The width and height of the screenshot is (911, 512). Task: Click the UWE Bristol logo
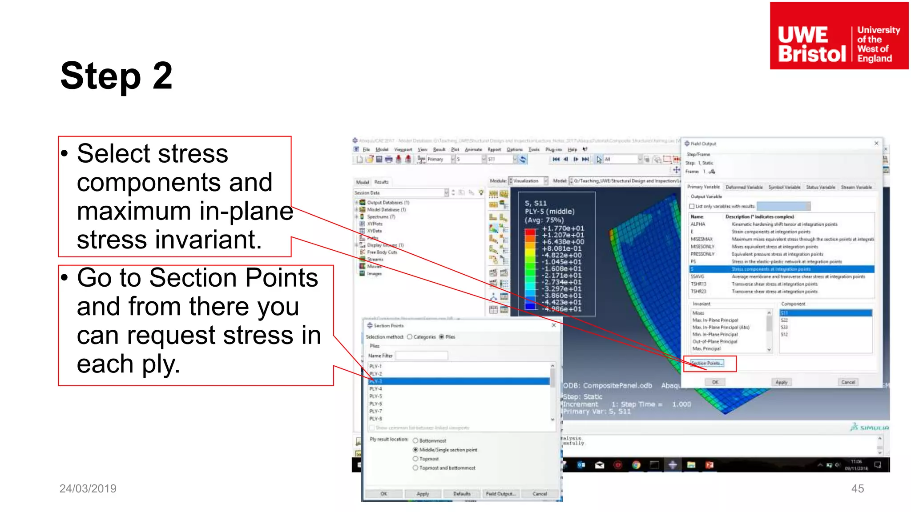838,36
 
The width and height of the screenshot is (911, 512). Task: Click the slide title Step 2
116,76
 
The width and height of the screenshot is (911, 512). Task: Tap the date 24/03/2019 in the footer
88,488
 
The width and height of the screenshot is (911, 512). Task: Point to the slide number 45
857,488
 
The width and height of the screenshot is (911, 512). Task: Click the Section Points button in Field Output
707,363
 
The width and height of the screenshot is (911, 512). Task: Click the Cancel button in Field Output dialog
848,382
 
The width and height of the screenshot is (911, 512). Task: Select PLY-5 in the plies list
376,396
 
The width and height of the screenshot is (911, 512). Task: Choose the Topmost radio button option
415,459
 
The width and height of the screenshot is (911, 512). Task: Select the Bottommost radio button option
415,440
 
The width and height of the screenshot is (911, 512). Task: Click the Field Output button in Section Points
500,494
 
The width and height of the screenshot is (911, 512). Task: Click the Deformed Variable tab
744,187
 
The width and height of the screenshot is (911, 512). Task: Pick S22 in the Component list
784,320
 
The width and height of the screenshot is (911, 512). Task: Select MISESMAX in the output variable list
701,239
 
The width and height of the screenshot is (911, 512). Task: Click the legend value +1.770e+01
563,228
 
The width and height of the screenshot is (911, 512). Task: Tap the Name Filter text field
421,356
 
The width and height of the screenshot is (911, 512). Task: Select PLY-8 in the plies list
376,419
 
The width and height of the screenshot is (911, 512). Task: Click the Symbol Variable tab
784,187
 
